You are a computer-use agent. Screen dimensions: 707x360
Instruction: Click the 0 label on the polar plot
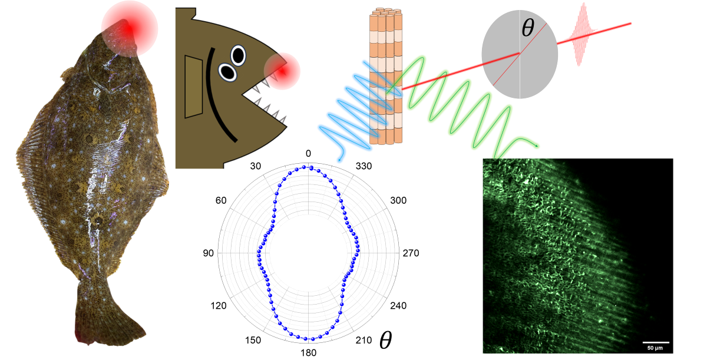point(308,154)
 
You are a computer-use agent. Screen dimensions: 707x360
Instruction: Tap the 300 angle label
point(399,201)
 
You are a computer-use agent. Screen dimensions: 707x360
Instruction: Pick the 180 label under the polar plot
point(308,352)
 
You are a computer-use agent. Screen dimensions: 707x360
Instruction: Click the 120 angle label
point(219,306)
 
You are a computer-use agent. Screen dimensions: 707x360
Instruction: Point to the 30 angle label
point(255,166)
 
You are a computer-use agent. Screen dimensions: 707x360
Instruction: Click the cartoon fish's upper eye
point(239,55)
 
